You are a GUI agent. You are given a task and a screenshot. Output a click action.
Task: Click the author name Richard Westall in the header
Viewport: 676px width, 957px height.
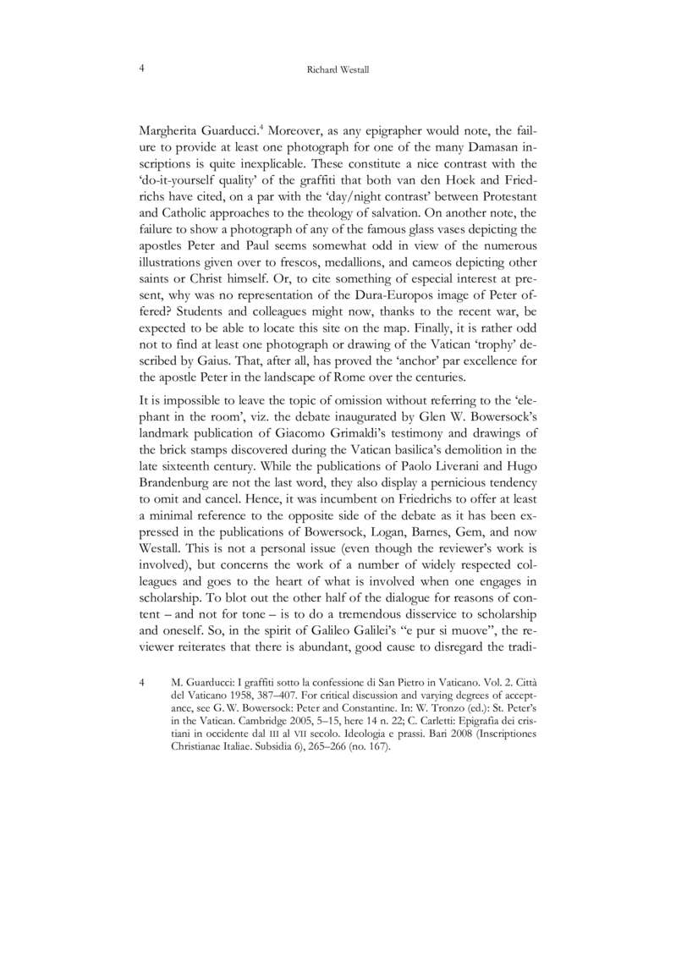338,73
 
